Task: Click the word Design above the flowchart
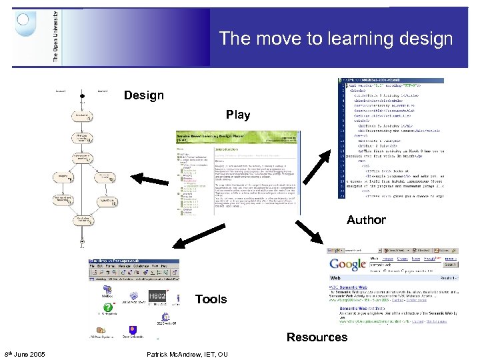143,95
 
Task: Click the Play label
238,115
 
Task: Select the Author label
366,219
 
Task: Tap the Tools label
211,299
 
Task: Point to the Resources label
317,337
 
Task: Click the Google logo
347,265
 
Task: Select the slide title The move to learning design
336,38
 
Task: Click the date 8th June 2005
25,353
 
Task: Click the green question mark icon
107,308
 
